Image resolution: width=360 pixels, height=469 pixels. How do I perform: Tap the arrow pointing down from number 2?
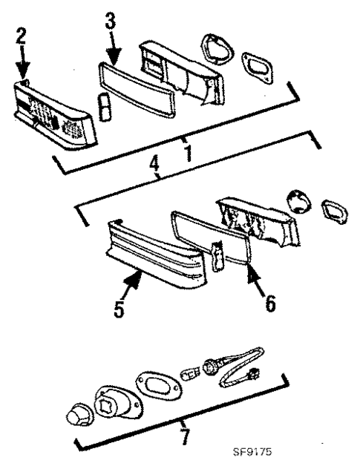click(24, 62)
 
